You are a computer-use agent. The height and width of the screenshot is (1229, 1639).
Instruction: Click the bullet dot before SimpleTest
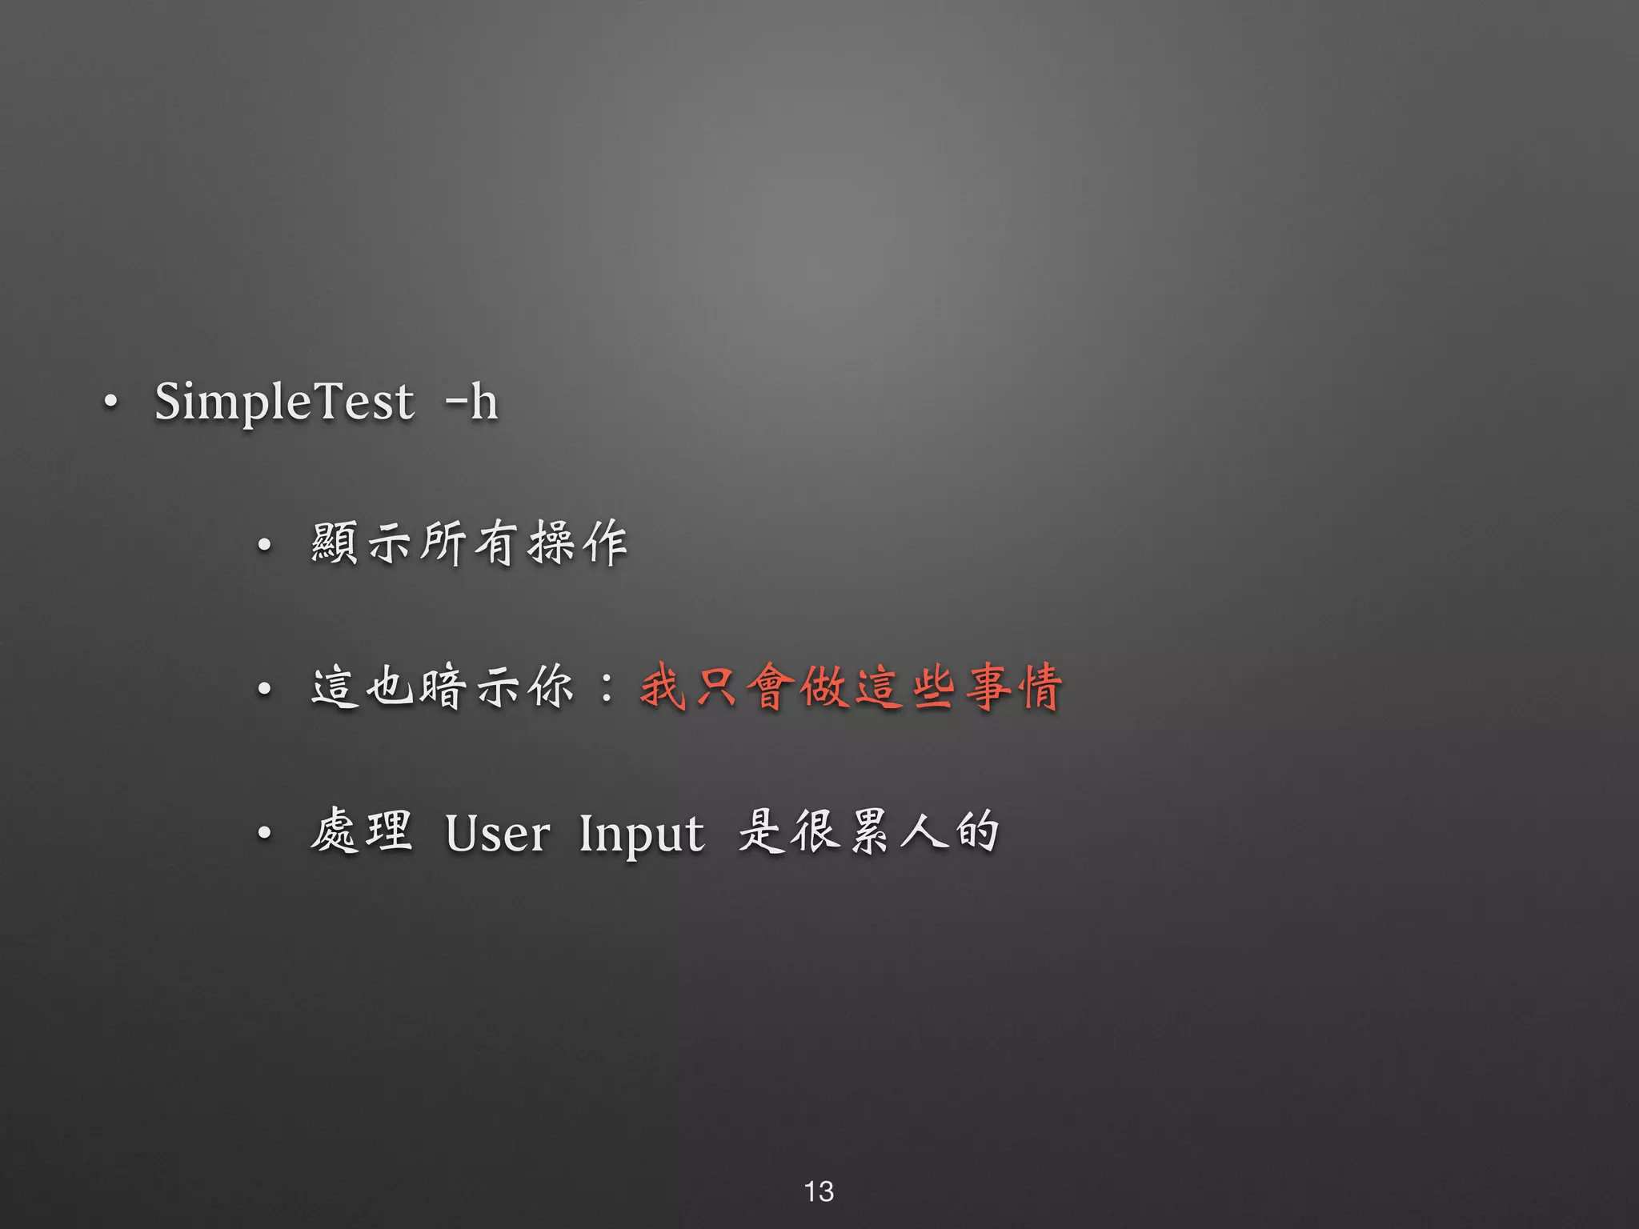111,401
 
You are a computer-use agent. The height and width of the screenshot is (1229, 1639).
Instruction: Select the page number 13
819,1191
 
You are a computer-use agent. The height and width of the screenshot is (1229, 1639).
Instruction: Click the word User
497,834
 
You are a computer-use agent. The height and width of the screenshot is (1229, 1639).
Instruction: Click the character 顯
335,543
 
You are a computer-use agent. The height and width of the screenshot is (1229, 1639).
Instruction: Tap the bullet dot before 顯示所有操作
265,546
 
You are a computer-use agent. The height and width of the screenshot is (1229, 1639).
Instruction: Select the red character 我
664,687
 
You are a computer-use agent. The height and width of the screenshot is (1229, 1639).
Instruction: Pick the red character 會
771,687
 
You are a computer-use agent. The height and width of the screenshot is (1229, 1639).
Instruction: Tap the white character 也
390,687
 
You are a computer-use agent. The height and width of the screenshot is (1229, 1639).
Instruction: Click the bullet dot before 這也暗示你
265,689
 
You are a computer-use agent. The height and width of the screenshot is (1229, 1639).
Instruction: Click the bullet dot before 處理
265,834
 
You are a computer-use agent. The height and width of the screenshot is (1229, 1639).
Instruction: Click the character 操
551,543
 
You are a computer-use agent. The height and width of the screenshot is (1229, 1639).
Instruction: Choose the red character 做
825,687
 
